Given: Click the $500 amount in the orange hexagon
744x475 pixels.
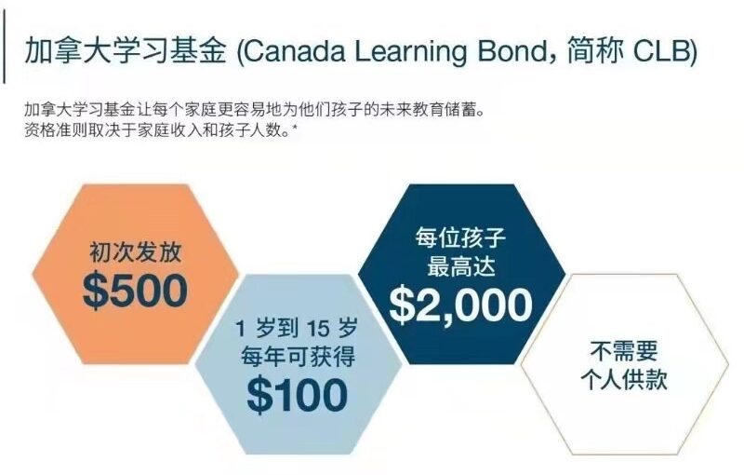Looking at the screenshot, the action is point(135,291).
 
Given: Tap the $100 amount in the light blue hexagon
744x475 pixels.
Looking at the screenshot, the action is point(298,395).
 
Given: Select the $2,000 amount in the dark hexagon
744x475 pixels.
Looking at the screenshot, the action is point(460,305).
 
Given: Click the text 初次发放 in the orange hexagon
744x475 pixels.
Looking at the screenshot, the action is point(136,251).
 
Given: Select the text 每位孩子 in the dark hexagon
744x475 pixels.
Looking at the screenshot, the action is point(460,237).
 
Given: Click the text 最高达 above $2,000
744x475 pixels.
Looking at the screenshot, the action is point(461,266).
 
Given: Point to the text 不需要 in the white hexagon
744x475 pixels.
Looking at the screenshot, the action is point(624,351).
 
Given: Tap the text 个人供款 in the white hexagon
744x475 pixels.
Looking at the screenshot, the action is point(624,380).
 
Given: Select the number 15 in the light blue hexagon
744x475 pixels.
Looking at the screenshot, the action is point(318,328).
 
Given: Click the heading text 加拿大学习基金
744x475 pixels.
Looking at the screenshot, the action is point(125,50).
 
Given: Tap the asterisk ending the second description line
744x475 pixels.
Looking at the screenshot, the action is point(295,127).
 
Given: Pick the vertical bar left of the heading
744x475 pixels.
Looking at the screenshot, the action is point(5,47).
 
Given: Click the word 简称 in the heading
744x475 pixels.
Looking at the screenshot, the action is point(594,51).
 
